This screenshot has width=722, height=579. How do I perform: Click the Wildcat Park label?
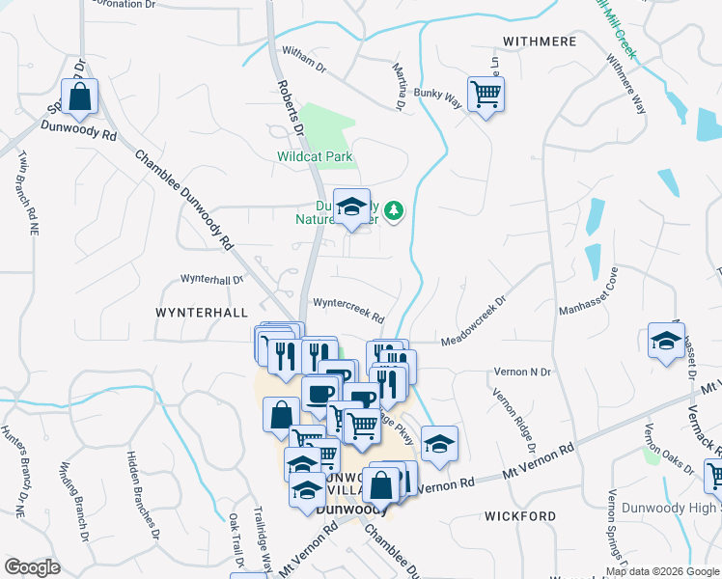[315, 155]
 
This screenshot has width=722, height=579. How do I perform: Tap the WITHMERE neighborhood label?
[540, 41]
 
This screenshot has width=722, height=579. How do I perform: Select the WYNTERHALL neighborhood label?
[202, 313]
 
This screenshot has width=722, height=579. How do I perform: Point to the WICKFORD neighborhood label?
[521, 516]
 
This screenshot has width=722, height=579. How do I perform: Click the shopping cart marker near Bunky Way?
[486, 95]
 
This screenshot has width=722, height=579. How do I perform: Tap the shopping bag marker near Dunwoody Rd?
[80, 97]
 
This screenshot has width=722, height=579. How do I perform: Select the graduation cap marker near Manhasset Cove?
[665, 341]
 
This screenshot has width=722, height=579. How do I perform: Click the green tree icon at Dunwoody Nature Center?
[394, 209]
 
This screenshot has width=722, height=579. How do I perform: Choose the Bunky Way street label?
[439, 95]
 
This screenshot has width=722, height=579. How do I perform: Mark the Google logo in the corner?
[32, 566]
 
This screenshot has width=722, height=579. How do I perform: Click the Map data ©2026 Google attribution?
[662, 571]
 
